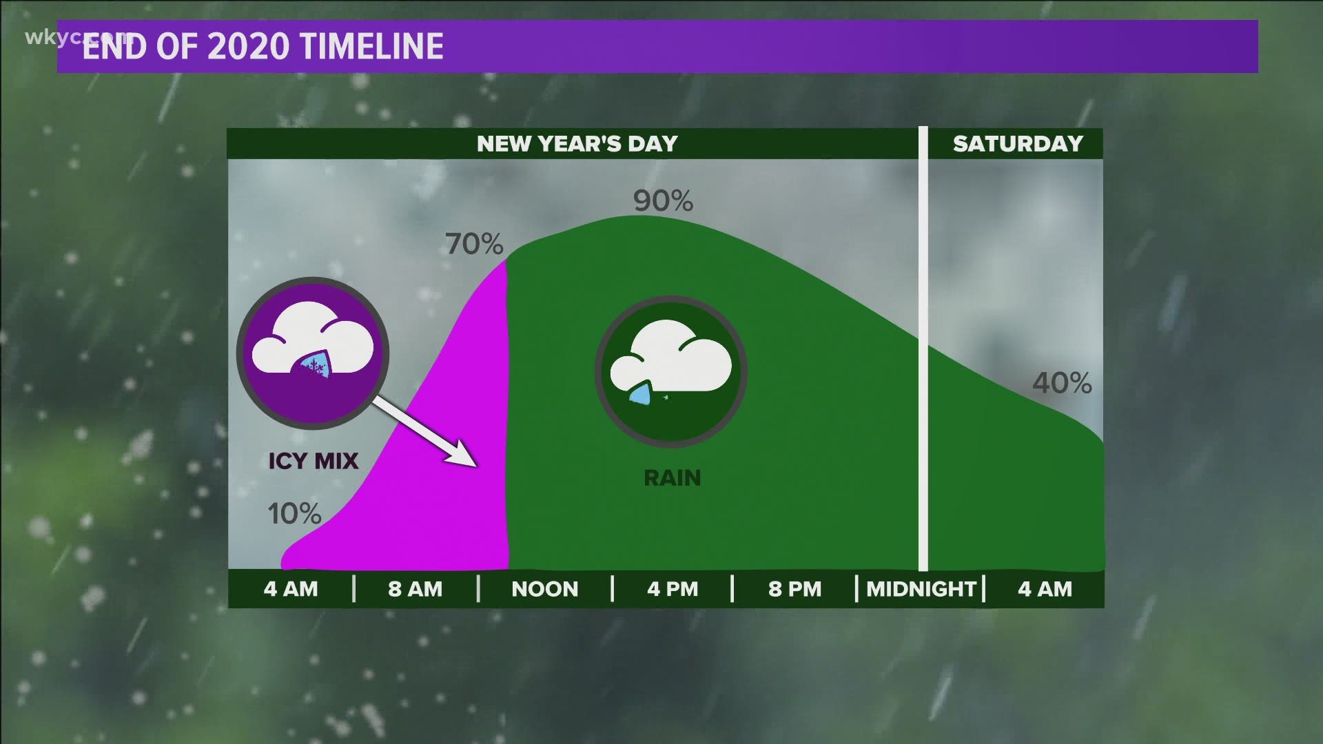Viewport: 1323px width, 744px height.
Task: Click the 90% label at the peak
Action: (x=663, y=200)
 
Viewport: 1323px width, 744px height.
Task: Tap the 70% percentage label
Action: (x=474, y=244)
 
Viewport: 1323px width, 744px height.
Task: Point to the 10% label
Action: (x=294, y=513)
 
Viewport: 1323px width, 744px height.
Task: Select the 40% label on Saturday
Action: (x=1062, y=383)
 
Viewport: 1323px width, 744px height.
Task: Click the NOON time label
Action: (x=544, y=589)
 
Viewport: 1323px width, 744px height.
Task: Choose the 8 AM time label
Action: (x=415, y=589)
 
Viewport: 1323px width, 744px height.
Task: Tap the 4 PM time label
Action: (x=673, y=589)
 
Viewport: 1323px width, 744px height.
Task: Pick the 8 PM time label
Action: (x=795, y=589)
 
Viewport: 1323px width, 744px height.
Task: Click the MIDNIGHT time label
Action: (x=921, y=589)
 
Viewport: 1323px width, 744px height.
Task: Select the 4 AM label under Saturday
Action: (x=1045, y=589)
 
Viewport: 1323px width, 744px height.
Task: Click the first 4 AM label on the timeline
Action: (x=291, y=589)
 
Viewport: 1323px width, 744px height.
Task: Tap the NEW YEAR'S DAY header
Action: (x=577, y=143)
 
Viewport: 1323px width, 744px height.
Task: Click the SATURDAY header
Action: (x=1018, y=143)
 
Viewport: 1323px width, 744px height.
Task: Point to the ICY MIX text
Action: (x=314, y=461)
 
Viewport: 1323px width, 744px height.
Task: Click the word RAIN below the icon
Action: (x=672, y=477)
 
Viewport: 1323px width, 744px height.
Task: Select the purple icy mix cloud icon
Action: (x=313, y=353)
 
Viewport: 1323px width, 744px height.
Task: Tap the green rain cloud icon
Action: (x=671, y=372)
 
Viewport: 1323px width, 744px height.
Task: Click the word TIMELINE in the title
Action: (x=372, y=47)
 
